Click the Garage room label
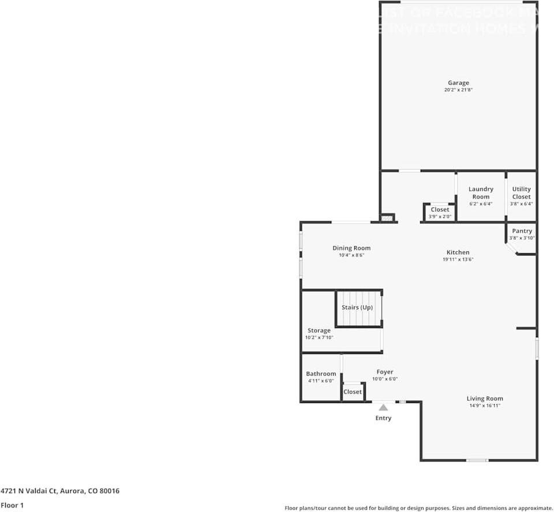pyautogui.click(x=458, y=82)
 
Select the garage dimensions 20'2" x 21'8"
pyautogui.click(x=458, y=90)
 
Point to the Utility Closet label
pyautogui.click(x=521, y=193)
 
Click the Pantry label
pyautogui.click(x=522, y=231)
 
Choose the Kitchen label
pyautogui.click(x=458, y=252)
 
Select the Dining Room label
pyautogui.click(x=351, y=248)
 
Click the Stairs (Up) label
pyautogui.click(x=357, y=307)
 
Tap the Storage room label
pyautogui.click(x=319, y=330)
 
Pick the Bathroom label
pyautogui.click(x=321, y=374)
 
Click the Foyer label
pyautogui.click(x=385, y=372)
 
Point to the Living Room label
pyautogui.click(x=485, y=398)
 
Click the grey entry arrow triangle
pyautogui.click(x=383, y=407)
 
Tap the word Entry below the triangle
pyautogui.click(x=383, y=418)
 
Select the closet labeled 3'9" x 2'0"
pyautogui.click(x=440, y=213)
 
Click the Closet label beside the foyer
pyautogui.click(x=353, y=391)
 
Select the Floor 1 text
pyautogui.click(x=12, y=506)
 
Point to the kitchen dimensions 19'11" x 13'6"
pyautogui.click(x=458, y=259)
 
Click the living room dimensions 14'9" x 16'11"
pyautogui.click(x=485, y=406)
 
